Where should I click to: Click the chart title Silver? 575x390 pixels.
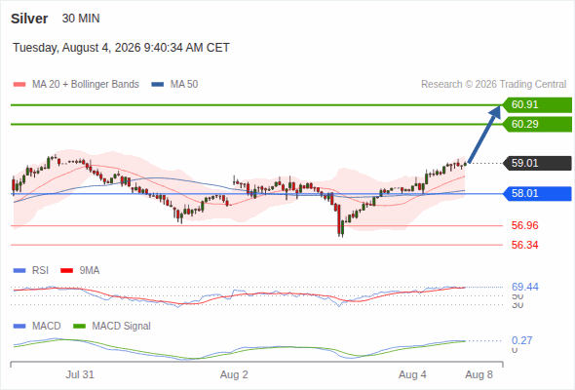(x=29, y=19)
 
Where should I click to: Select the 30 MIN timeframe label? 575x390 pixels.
(x=81, y=19)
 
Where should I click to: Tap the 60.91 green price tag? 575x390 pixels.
(x=537, y=105)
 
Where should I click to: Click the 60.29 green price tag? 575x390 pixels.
(x=537, y=125)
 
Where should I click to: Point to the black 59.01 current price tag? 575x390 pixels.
(x=537, y=163)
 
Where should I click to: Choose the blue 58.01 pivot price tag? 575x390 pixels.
(x=537, y=194)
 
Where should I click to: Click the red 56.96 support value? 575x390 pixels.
(x=524, y=225)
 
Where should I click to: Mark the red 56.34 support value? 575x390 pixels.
(x=524, y=245)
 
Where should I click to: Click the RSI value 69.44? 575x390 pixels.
(x=524, y=287)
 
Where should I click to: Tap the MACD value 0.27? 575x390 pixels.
(x=521, y=340)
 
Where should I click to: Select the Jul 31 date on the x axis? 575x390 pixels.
(x=80, y=374)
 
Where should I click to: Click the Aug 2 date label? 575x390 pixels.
(x=234, y=374)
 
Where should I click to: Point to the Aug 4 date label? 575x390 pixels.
(x=412, y=374)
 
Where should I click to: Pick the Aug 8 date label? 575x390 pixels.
(x=479, y=374)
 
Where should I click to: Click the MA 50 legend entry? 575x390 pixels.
(x=174, y=85)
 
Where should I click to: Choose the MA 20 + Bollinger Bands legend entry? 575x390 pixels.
(x=76, y=85)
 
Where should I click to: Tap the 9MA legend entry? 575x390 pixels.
(x=80, y=271)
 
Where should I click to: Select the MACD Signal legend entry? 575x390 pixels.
(x=112, y=327)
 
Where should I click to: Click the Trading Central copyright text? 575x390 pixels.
(x=493, y=85)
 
